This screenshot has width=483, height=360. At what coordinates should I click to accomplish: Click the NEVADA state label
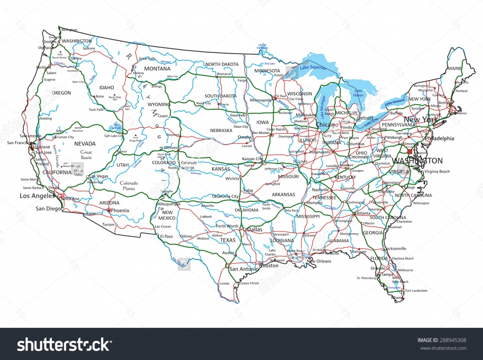click(85, 144)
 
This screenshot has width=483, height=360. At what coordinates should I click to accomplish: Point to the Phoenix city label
click(120, 210)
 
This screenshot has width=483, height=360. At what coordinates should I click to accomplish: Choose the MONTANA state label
click(157, 68)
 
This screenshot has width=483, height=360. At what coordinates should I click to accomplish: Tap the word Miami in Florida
click(397, 298)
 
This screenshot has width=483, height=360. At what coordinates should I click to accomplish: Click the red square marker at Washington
click(409, 152)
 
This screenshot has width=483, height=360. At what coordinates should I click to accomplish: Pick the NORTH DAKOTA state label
click(222, 64)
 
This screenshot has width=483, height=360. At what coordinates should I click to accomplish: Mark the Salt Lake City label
click(114, 136)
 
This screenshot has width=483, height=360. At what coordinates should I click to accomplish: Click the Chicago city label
click(327, 125)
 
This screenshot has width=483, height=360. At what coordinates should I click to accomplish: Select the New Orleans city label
click(319, 261)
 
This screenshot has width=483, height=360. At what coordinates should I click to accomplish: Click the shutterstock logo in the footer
click(64, 345)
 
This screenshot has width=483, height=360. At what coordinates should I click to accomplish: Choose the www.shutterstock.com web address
click(442, 349)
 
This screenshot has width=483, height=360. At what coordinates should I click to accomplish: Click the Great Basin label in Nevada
click(86, 155)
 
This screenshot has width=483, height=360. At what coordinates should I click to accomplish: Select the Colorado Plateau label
click(128, 185)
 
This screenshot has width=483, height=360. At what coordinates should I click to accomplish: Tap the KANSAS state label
click(221, 168)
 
